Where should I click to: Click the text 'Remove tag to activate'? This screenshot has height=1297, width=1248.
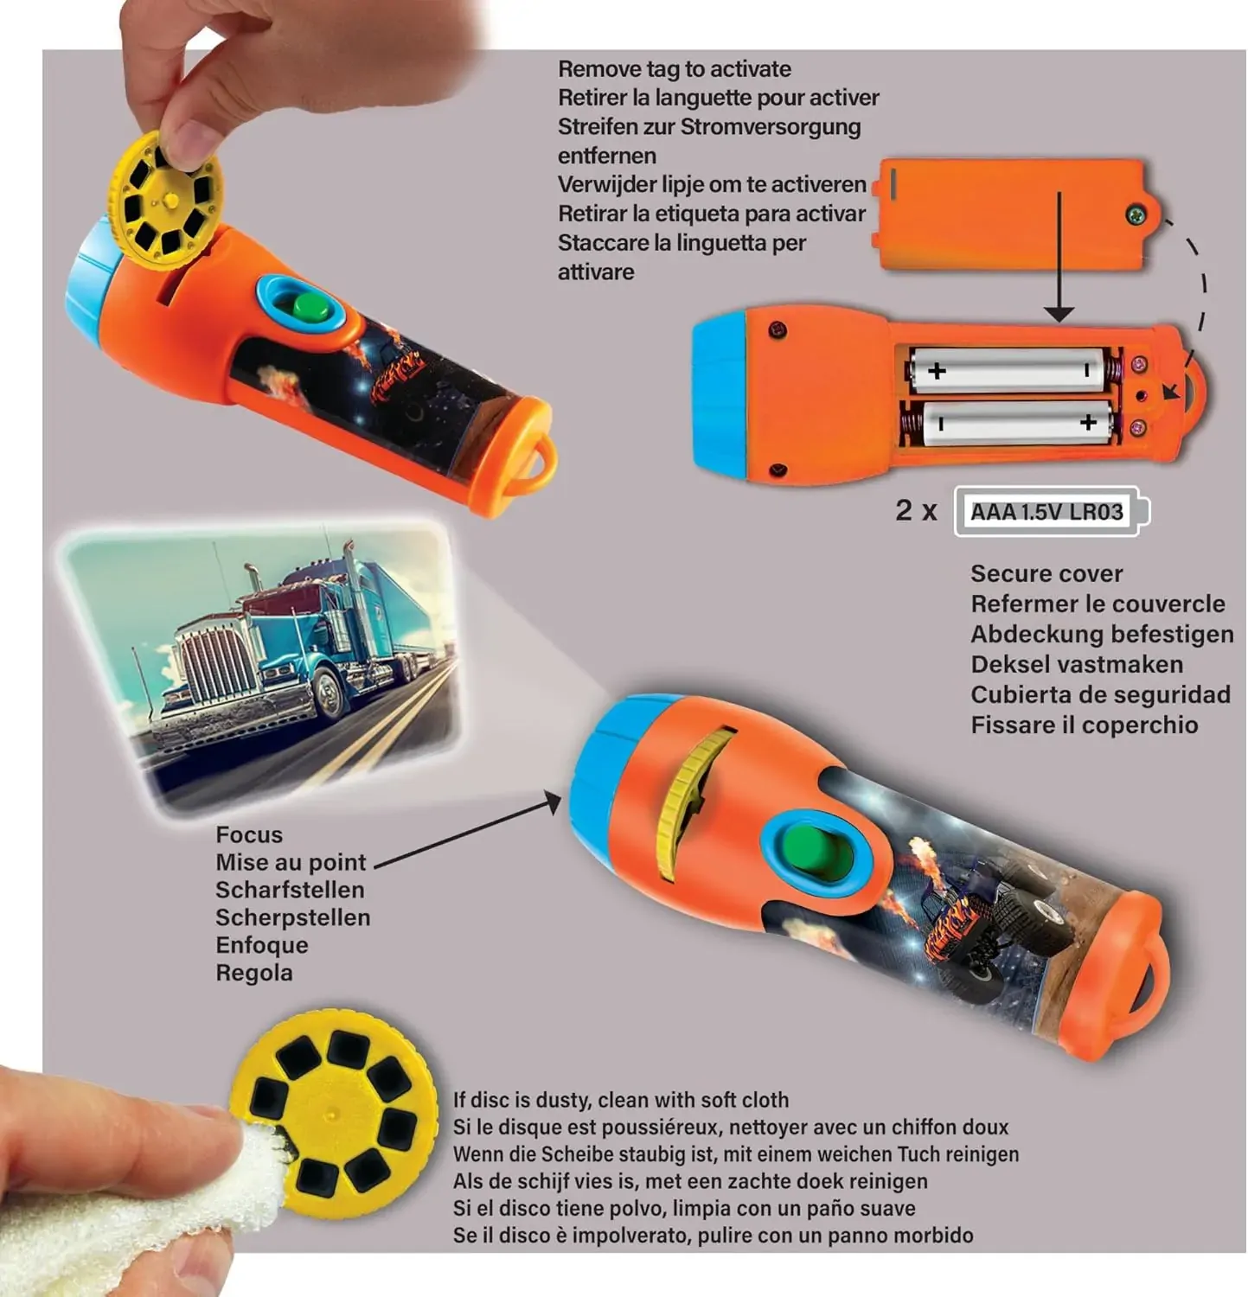[x=675, y=69]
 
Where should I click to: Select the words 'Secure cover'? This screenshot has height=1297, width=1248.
[x=1046, y=574]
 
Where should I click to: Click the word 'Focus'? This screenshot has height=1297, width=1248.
[x=249, y=835]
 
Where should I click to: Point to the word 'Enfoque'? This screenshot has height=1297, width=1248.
[x=262, y=945]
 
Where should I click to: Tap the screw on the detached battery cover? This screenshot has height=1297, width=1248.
[x=1135, y=214]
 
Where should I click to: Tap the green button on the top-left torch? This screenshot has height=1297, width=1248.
[x=310, y=306]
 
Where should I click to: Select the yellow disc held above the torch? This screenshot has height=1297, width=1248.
[x=166, y=201]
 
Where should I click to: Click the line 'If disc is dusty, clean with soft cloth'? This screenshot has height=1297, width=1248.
[x=621, y=1100]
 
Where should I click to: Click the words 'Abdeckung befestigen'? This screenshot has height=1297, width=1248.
[x=1102, y=635]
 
